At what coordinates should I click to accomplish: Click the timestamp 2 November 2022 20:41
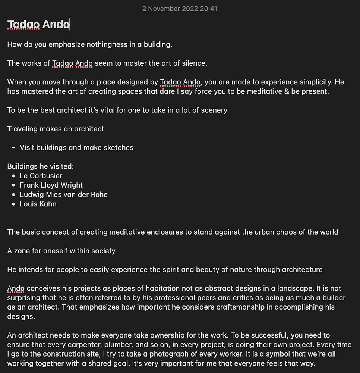(x=180, y=8)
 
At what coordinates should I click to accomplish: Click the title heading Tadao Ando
(x=38, y=25)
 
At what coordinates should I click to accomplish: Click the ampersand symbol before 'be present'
(x=286, y=91)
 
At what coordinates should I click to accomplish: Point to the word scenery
(x=212, y=110)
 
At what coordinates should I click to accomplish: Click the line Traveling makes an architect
(x=56, y=129)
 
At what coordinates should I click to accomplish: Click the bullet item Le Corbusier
(x=41, y=176)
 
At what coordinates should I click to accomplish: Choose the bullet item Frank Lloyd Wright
(x=51, y=185)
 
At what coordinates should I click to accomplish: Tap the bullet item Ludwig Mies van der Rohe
(x=64, y=194)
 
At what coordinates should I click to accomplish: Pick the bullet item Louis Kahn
(x=38, y=204)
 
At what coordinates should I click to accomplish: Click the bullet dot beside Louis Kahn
(x=13, y=204)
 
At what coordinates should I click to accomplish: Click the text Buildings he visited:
(x=41, y=166)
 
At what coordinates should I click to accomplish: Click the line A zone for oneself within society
(x=61, y=251)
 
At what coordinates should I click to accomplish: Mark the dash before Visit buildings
(x=13, y=148)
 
